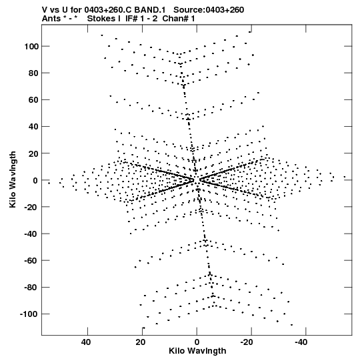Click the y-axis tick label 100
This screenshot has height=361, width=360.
tap(31, 47)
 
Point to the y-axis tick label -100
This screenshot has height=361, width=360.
tap(29, 314)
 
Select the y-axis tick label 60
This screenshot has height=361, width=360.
tap(33, 100)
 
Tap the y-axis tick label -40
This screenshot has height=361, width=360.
tap(31, 234)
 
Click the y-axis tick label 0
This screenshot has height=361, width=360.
tap(35, 180)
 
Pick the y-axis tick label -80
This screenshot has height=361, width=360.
tap(31, 288)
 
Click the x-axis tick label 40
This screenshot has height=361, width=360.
tap(86, 342)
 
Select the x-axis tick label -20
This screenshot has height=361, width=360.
tap(247, 342)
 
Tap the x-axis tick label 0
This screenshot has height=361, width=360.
tap(197, 342)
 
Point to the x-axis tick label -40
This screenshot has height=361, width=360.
tap(301, 342)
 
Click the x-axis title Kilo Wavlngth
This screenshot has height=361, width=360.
tap(197, 351)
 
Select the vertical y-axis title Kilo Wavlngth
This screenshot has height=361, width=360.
tap(13, 179)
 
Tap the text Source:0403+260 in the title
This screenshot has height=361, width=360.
tap(209, 10)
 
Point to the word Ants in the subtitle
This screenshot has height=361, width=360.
tap(51, 19)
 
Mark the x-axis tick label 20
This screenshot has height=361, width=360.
tap(140, 342)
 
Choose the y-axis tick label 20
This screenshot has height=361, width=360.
tap(33, 153)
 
